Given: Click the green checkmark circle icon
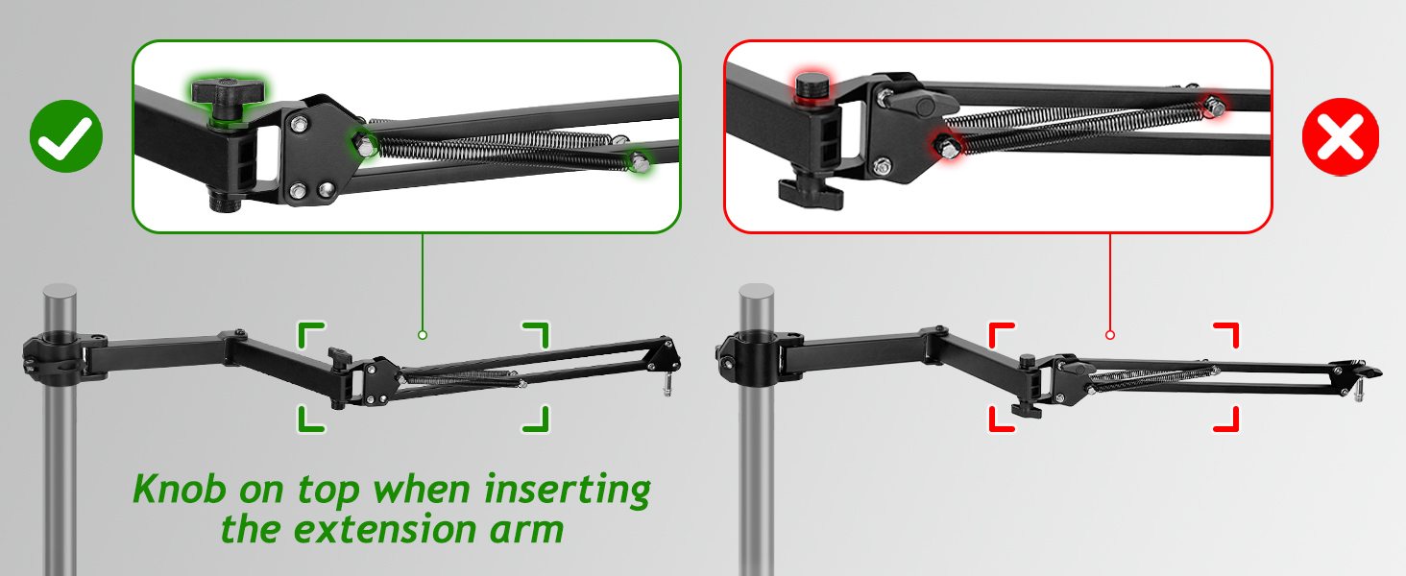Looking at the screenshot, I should (x=65, y=136).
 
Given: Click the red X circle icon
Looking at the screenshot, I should (x=1340, y=136).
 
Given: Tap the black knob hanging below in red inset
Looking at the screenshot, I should (x=810, y=189).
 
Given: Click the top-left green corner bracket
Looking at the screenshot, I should (x=310, y=335).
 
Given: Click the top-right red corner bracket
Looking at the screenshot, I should (x=1225, y=336).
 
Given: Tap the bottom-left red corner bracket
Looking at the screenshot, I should (x=1002, y=418).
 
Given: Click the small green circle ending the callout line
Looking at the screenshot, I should (x=422, y=335).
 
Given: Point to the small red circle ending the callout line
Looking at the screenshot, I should (x=1109, y=335).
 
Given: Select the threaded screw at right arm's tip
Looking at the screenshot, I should (x=1360, y=391).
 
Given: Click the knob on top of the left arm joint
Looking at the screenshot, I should (x=337, y=356).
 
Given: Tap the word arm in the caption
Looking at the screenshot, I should (x=521, y=530).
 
